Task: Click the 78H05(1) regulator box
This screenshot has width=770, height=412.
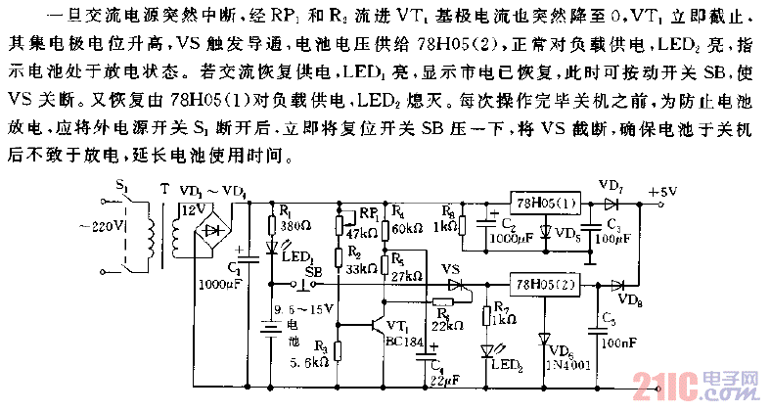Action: pos(545,203)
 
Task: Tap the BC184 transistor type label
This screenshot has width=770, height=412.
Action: pos(401,342)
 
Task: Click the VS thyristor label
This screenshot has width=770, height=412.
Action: pos(451,268)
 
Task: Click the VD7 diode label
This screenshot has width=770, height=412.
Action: pos(610,185)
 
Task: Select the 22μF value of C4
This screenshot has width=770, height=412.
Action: pos(444,379)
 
